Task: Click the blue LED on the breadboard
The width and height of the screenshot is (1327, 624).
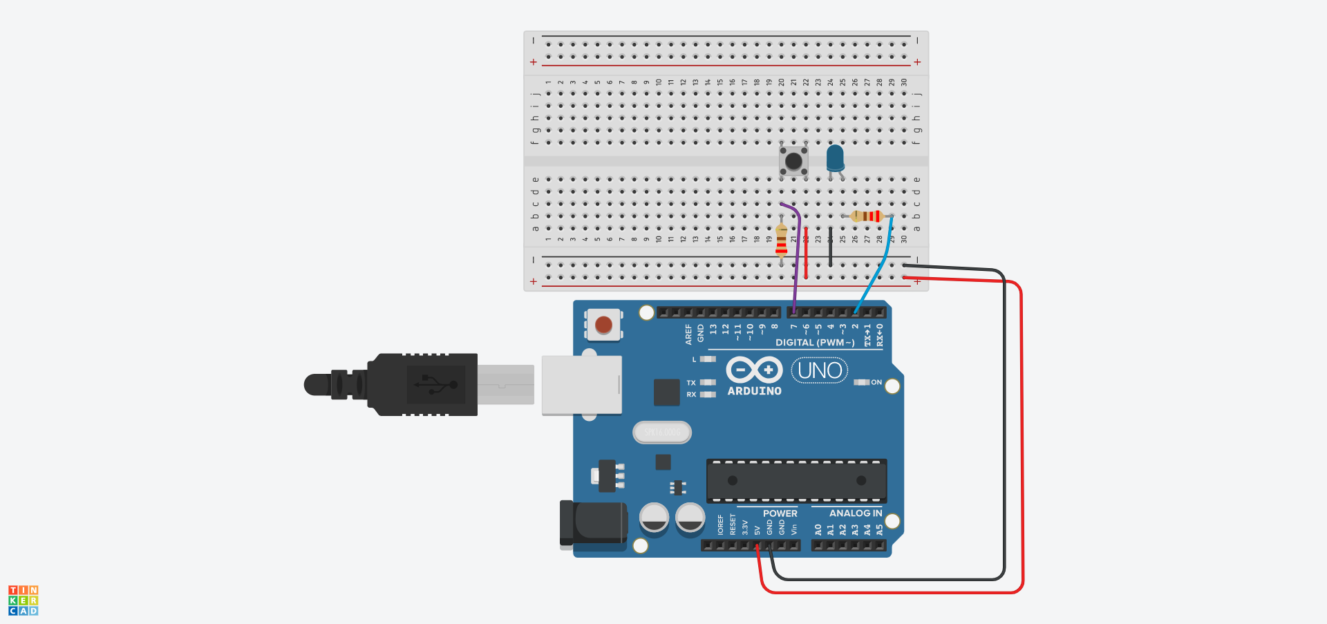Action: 835,158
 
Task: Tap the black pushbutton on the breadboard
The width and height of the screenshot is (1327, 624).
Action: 793,161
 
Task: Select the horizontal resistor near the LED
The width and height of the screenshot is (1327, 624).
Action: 867,216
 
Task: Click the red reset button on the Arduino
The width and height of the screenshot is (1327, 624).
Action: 603,325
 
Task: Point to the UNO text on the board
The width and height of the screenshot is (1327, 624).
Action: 820,371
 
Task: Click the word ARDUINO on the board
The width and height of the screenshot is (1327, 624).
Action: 754,391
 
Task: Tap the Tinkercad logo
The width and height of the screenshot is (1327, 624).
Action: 23,600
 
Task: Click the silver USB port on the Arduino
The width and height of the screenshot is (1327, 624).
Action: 581,385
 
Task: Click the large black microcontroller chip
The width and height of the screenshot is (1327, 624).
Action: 796,480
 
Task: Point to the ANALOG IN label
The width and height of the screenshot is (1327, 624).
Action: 855,513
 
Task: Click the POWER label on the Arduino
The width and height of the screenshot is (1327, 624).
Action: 780,513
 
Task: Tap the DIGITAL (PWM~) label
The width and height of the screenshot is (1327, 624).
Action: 815,343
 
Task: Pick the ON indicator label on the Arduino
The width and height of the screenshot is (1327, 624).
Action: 876,382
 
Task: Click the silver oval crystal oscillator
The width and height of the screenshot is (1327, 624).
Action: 662,433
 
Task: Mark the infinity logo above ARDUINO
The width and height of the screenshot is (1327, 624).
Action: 754,370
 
